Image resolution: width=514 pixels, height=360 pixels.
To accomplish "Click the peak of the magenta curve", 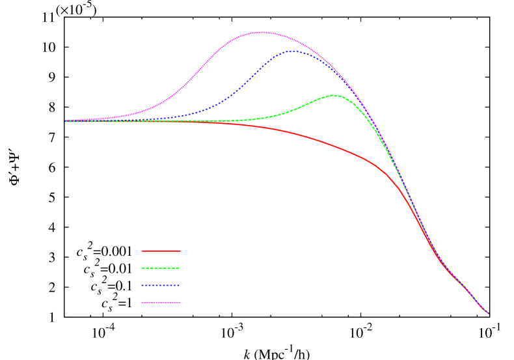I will [262, 32].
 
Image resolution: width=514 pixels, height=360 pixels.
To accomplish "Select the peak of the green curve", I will [333, 95].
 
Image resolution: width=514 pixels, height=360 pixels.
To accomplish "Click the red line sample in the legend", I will [161, 251].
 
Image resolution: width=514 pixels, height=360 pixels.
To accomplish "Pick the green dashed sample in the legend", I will [161, 268].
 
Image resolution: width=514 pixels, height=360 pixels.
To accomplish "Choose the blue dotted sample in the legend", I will [161, 286].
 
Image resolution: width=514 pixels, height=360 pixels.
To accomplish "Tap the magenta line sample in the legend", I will [161, 302].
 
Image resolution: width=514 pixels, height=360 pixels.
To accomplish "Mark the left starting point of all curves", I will [66, 120].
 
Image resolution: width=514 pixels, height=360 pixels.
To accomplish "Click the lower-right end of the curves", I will [488, 313].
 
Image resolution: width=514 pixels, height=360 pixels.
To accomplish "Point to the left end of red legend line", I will [142, 251].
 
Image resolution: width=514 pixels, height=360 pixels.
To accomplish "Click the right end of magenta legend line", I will [180, 302].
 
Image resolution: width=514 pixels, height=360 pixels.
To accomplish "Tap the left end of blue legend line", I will [142, 286].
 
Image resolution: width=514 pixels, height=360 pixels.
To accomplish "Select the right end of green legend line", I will [180, 268].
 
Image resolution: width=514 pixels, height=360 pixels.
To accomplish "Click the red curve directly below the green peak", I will [333, 146].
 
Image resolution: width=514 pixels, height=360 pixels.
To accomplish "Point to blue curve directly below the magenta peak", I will [262, 70].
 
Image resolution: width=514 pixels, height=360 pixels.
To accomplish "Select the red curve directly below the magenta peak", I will [262, 127].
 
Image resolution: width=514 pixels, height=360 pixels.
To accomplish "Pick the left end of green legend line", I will [142, 268].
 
